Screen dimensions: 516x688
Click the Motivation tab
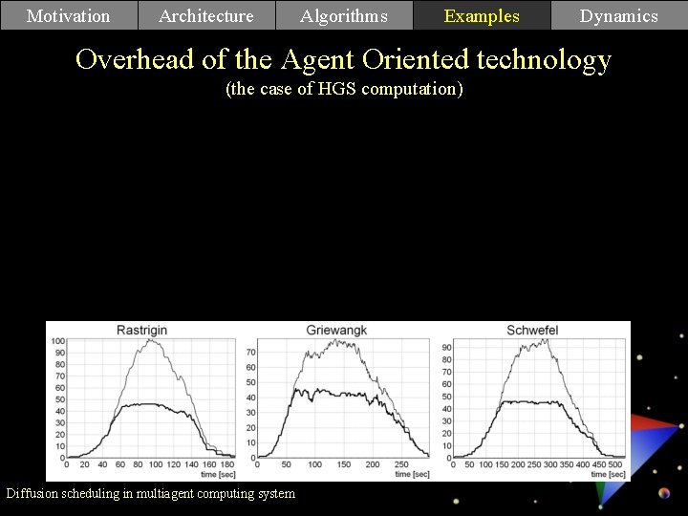pos(69,15)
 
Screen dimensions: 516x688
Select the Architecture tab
pos(206,15)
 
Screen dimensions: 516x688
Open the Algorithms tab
pos(344,15)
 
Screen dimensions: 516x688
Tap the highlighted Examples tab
pos(482,15)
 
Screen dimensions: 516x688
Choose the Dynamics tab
pos(619,15)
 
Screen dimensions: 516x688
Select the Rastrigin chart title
pos(141,331)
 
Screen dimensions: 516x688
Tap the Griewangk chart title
pos(336,331)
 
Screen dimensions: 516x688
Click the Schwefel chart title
pos(532,331)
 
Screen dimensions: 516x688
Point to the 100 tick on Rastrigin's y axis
pos(57,341)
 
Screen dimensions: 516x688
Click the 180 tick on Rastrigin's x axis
pos(226,464)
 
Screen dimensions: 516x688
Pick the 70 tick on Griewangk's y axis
pos(251,352)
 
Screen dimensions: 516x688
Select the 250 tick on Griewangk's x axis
pos(400,464)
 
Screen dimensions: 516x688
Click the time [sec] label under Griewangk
pos(411,474)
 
